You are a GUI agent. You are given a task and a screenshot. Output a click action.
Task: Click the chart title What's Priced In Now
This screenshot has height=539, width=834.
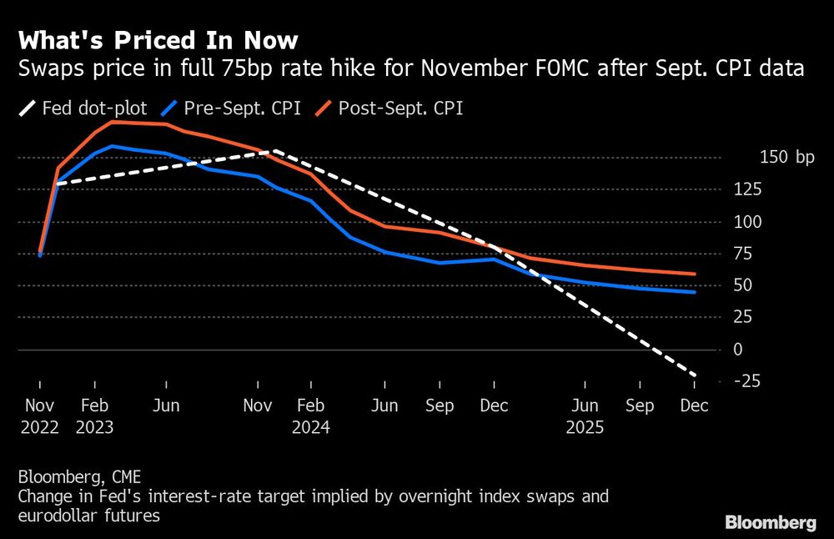click(x=158, y=41)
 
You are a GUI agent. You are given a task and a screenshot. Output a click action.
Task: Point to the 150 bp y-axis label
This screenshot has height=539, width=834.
click(x=786, y=158)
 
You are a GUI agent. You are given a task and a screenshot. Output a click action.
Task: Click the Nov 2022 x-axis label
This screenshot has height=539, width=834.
click(x=40, y=416)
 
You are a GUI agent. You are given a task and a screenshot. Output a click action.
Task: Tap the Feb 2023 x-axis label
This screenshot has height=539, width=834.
click(x=95, y=416)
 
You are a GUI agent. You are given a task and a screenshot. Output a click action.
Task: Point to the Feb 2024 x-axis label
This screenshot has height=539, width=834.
click(x=310, y=416)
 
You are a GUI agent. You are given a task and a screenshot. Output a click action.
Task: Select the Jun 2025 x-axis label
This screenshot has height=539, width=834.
click(x=585, y=416)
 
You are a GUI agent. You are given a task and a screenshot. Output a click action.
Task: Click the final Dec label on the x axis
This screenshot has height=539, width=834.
click(x=694, y=406)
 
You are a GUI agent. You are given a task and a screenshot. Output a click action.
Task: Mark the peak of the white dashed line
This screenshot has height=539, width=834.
click(x=273, y=150)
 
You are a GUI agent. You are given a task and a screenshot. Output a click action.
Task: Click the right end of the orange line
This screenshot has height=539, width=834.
click(x=695, y=274)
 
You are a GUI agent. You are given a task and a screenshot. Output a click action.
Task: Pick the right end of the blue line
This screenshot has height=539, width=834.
click(x=695, y=292)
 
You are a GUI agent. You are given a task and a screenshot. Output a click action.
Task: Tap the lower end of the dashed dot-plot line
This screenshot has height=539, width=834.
click(x=695, y=375)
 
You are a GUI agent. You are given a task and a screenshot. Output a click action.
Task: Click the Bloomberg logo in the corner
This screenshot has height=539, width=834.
click(x=770, y=523)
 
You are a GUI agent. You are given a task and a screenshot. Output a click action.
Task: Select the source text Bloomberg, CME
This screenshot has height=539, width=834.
click(x=79, y=477)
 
